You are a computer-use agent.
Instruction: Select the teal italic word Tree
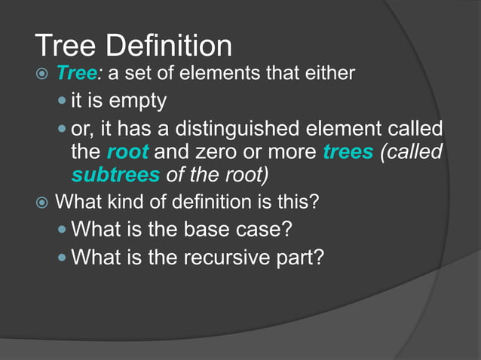click(75, 74)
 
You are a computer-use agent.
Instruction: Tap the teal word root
click(128, 151)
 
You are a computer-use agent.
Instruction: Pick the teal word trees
click(348, 151)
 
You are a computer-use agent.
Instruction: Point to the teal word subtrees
click(115, 175)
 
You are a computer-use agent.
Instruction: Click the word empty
click(139, 100)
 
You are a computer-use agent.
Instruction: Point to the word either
click(329, 74)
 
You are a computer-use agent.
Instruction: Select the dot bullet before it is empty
click(63, 101)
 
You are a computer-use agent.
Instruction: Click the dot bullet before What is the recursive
click(63, 258)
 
